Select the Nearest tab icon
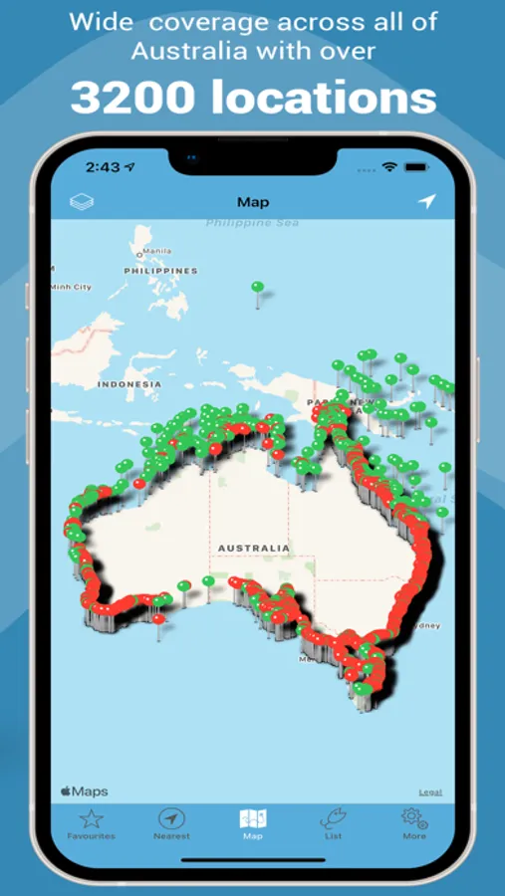(171, 819)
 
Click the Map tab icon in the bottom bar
(253, 819)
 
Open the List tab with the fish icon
(333, 819)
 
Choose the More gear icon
(414, 819)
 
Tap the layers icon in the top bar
(82, 202)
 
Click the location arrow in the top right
(426, 202)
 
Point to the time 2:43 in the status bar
(103, 167)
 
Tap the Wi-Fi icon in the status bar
(389, 167)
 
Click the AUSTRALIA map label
(254, 548)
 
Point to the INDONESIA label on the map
(129, 384)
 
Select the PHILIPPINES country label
(160, 271)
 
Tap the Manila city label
(156, 251)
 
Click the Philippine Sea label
(252, 223)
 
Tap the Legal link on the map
(430, 792)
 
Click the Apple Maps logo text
(85, 791)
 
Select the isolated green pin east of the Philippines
(258, 288)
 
